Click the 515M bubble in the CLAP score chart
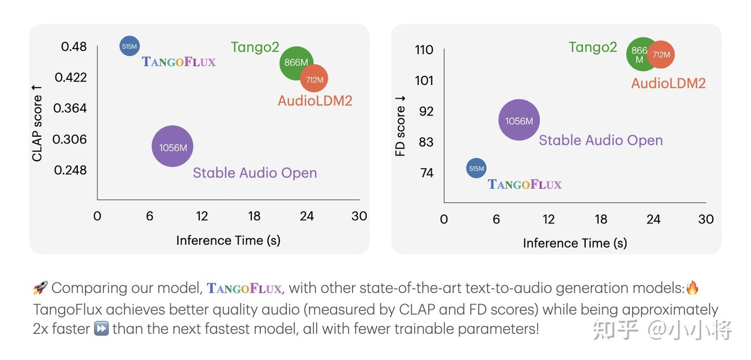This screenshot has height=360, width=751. (129, 46)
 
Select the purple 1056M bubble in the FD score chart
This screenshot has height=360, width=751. (519, 121)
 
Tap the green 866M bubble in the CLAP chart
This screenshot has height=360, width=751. (296, 63)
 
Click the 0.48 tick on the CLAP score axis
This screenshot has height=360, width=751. (74, 46)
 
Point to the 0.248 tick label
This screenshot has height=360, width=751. (70, 170)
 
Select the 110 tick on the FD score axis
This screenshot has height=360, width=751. (424, 50)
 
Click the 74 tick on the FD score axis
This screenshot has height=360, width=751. (427, 173)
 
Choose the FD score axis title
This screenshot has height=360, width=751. (400, 126)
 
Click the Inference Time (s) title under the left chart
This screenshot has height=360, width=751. (228, 240)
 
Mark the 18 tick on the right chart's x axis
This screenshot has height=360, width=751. (601, 219)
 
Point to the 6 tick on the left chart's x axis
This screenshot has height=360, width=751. (150, 216)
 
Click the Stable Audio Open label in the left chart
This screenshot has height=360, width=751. (255, 173)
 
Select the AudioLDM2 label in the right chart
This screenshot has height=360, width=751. (668, 83)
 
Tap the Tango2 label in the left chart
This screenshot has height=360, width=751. (255, 47)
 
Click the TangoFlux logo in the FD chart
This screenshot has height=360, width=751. (525, 184)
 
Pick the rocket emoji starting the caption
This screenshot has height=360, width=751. (40, 287)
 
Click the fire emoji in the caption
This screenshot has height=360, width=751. (692, 287)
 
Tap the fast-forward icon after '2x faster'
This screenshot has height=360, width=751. (101, 329)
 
